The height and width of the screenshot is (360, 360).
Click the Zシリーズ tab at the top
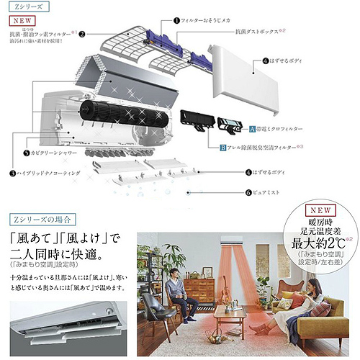(x=22, y=6)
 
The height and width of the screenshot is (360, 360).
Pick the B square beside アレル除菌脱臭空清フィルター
(x=223, y=146)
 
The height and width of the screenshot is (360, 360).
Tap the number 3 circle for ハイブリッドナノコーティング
(x=12, y=173)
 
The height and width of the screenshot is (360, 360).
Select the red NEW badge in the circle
(x=317, y=212)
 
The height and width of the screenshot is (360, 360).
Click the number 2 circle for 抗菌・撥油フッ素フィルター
(x=82, y=33)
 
